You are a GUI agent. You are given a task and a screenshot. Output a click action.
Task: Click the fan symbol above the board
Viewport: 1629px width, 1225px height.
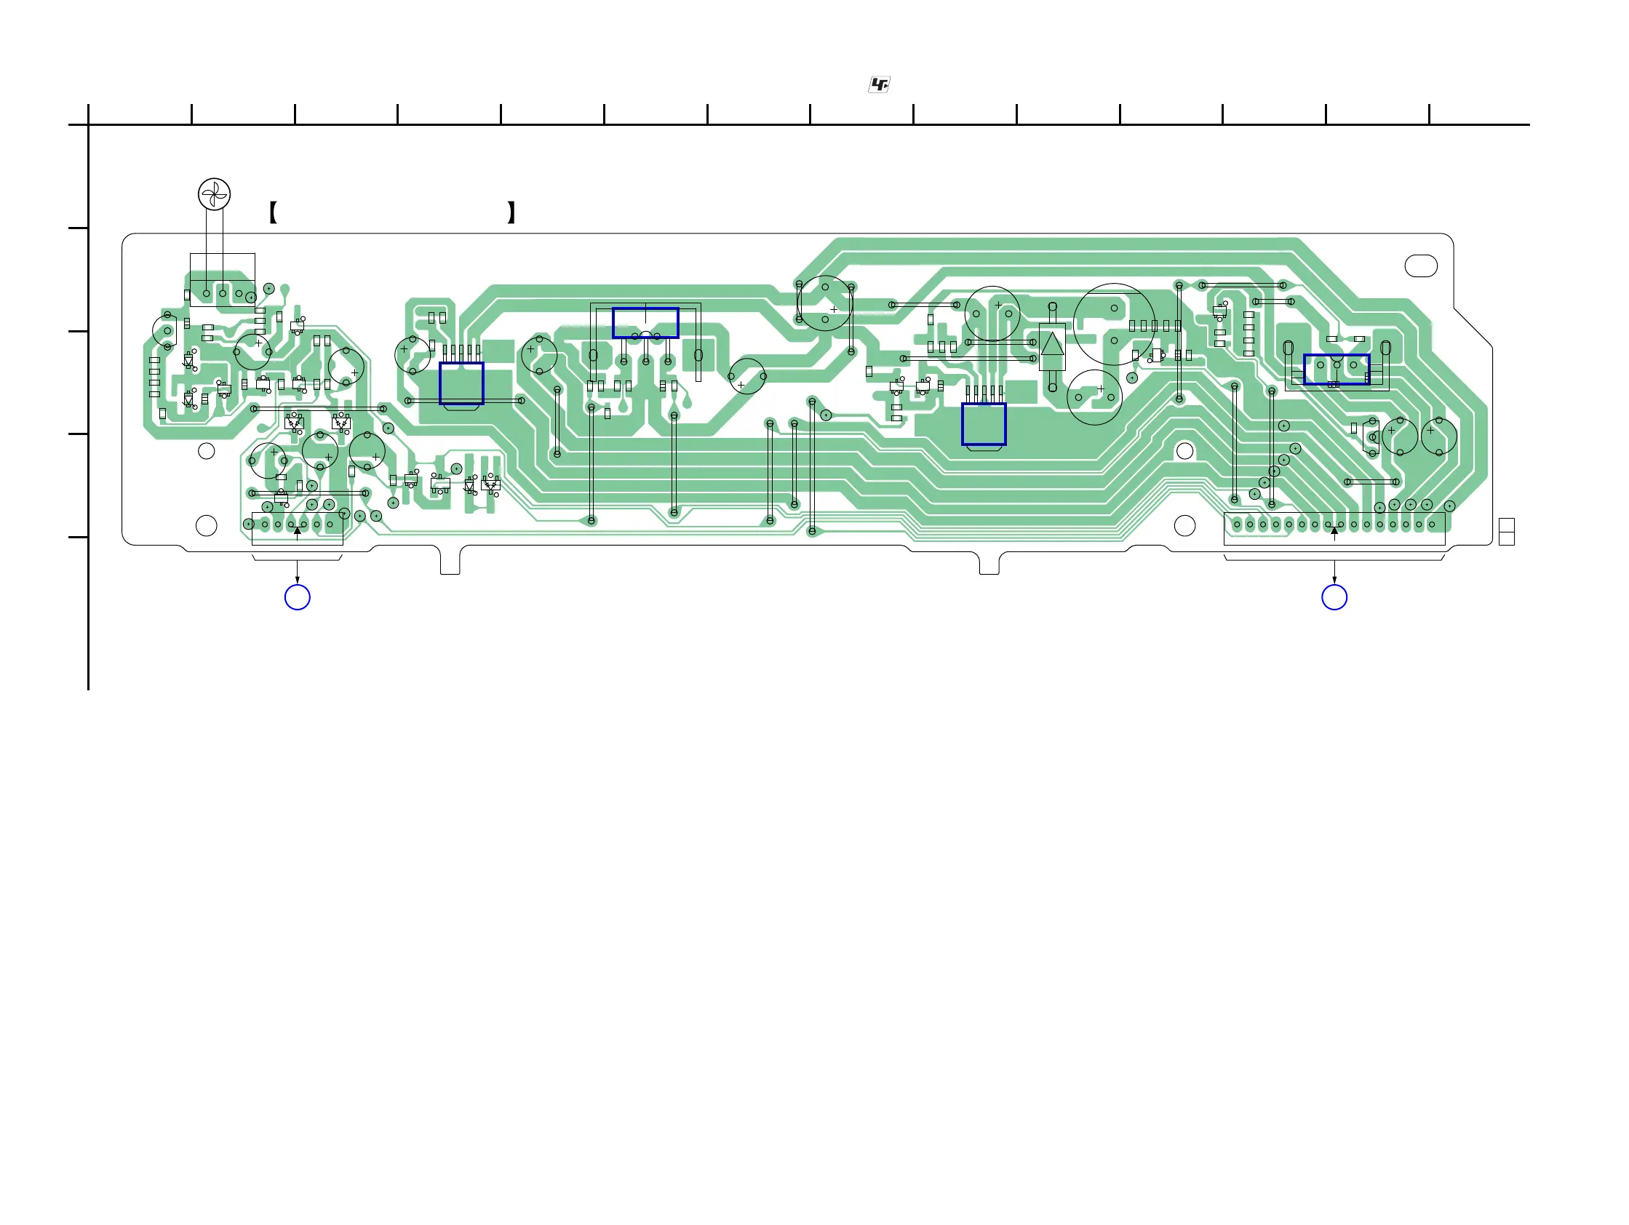point(215,194)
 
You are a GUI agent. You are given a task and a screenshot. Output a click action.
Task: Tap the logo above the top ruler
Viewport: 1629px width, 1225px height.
point(879,85)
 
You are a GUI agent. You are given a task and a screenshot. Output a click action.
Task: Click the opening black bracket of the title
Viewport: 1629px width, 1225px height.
point(274,212)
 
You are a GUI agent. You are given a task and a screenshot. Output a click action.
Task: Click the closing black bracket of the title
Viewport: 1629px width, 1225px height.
point(511,212)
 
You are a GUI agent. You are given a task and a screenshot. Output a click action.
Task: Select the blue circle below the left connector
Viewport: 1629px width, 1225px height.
point(298,597)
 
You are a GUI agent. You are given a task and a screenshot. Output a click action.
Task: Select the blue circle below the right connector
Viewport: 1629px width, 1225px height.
point(1334,597)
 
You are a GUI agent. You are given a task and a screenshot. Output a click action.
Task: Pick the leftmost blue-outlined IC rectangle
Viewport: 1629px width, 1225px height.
point(462,383)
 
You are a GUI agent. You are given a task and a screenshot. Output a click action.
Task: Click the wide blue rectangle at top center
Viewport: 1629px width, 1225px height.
point(645,323)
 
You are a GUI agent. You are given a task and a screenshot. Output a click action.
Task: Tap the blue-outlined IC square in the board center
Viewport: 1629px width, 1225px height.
point(984,424)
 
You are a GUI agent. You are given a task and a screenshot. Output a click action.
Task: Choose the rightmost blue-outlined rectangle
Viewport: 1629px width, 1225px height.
point(1337,370)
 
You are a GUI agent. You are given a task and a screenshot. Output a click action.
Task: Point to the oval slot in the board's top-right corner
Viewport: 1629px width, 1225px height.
point(1422,266)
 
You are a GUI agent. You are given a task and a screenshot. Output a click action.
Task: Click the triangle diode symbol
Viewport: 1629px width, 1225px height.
point(1052,345)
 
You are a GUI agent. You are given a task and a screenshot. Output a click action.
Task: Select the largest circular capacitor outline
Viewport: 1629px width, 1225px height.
point(1114,324)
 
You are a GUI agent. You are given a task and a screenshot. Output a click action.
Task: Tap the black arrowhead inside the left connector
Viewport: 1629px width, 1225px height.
point(298,530)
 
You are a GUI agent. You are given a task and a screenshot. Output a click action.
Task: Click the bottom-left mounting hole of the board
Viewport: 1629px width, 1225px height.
point(206,526)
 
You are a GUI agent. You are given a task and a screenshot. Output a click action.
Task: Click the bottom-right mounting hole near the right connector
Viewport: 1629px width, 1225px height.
point(1185,526)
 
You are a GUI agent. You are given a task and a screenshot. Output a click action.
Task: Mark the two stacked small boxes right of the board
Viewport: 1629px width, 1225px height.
point(1507,532)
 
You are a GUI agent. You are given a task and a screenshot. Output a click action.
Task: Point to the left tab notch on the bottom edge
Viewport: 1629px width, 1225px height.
point(450,562)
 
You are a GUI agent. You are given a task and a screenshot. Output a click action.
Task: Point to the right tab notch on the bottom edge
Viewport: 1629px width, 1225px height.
point(989,562)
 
